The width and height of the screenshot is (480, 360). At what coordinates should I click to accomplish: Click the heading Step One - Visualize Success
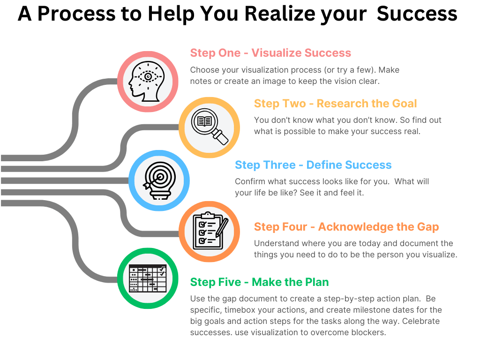[x=270, y=53]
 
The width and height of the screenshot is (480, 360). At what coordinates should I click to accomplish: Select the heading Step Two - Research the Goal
[x=335, y=104]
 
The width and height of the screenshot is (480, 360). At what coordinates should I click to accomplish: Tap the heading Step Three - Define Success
[x=313, y=165]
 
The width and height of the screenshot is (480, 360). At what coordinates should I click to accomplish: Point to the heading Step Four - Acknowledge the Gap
[x=346, y=227]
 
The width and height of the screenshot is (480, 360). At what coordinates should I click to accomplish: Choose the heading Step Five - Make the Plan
[x=259, y=282]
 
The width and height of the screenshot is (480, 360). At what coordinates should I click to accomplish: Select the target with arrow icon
[x=159, y=180]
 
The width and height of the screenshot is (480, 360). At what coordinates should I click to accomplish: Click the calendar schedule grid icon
[x=147, y=279]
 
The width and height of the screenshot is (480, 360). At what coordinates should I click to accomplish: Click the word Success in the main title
[x=417, y=14]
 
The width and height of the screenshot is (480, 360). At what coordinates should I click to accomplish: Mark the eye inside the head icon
[x=148, y=76]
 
